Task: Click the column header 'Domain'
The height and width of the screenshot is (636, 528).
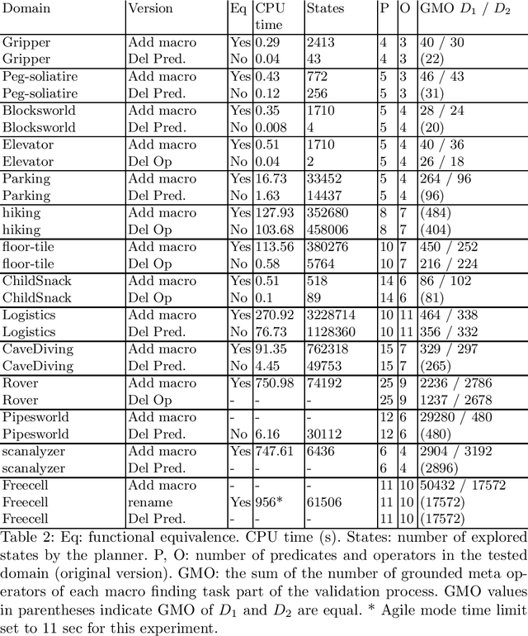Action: click(x=26, y=9)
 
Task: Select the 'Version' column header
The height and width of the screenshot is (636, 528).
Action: click(x=150, y=9)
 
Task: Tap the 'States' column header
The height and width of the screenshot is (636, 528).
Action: click(x=325, y=9)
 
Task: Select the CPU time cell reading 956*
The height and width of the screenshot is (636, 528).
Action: click(x=270, y=501)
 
